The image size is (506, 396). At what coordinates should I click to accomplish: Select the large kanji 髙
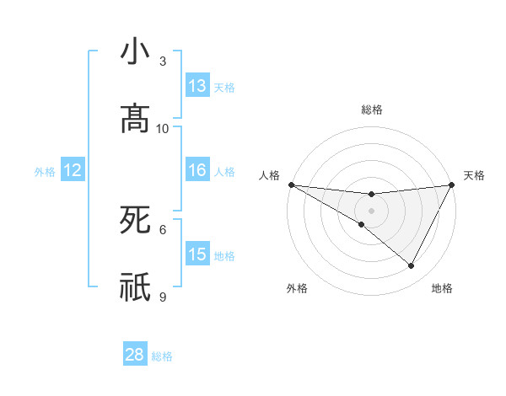[x=135, y=119]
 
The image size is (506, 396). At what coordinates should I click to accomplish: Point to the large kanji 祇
[x=135, y=287]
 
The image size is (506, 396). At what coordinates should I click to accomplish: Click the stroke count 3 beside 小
[x=163, y=62]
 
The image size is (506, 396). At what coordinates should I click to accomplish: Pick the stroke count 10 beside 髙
[x=163, y=128]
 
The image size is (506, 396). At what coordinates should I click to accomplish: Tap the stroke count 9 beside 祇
[x=163, y=297]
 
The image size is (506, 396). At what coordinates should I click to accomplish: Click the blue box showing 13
[x=197, y=86]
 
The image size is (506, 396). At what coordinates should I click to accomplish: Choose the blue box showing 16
[x=197, y=171]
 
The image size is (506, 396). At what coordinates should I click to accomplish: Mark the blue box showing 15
[x=197, y=254]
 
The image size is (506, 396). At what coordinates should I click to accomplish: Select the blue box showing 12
[x=73, y=171]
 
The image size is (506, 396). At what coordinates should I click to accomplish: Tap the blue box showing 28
[x=135, y=355]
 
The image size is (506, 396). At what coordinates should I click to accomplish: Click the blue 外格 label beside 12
[x=45, y=172]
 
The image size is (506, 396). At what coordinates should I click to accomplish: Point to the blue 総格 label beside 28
[x=162, y=356]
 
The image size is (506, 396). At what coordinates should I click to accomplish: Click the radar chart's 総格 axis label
[x=371, y=110]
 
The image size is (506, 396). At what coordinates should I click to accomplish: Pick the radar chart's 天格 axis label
[x=474, y=175]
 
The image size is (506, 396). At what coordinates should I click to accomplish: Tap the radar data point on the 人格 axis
[x=292, y=185]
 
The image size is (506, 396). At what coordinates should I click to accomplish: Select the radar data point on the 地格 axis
[x=412, y=265]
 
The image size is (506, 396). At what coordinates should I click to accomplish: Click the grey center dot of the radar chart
[x=371, y=210]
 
